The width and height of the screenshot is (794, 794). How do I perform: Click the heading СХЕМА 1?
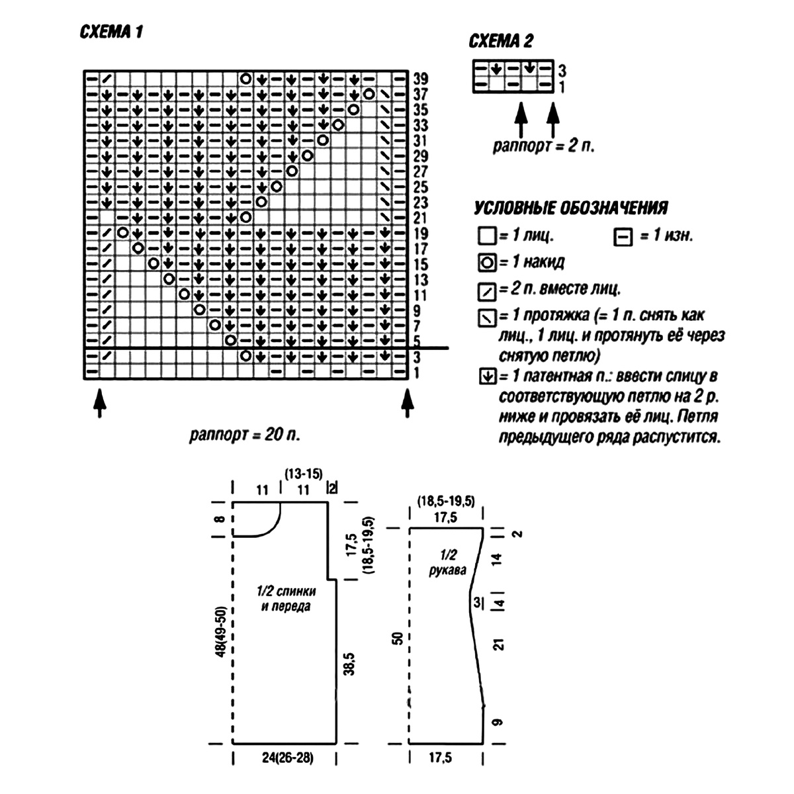point(111,32)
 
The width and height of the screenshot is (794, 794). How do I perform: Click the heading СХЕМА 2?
point(501,41)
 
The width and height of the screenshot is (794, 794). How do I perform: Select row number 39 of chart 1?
point(421,79)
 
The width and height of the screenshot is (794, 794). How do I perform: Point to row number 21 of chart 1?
point(421,218)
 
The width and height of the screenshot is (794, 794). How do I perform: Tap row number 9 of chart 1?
point(417,311)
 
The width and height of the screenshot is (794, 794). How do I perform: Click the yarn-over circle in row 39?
point(246,78)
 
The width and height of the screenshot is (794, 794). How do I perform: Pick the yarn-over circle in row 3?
point(246,355)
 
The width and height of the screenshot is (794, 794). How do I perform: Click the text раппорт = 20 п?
point(245,435)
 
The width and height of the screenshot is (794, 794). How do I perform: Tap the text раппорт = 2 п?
point(544,146)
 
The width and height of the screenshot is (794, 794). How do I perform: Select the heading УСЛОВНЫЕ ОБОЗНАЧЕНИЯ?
point(570,208)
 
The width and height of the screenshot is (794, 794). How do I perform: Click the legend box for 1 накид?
point(488,263)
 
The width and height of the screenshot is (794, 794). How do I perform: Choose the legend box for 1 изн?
point(623,238)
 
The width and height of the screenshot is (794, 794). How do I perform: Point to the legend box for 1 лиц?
point(487,236)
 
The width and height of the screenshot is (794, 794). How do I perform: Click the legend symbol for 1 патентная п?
point(488,376)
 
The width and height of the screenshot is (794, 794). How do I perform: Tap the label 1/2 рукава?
point(448,562)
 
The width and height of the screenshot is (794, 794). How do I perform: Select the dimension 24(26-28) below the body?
point(288,758)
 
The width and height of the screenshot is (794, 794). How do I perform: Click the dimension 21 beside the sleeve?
point(499,644)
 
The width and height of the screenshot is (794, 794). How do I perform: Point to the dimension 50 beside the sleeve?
point(398,639)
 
